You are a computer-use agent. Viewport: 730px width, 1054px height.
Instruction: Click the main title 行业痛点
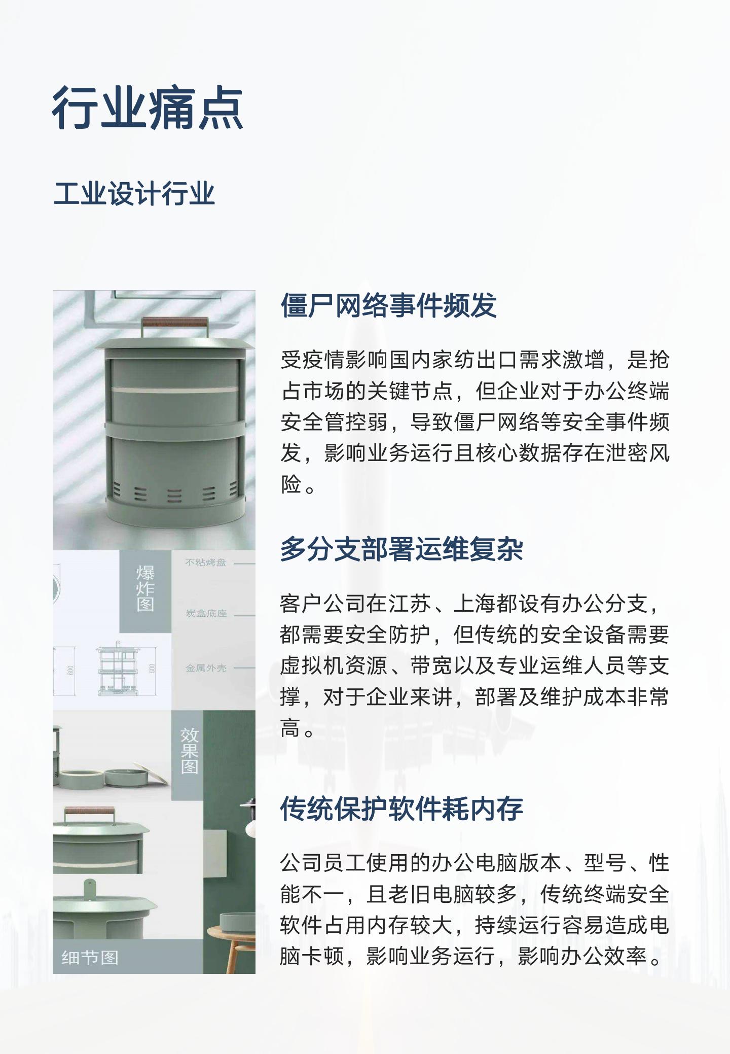point(148,108)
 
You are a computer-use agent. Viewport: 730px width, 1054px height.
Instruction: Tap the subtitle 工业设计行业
point(134,194)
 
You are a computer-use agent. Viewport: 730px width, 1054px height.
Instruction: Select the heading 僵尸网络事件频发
point(389,305)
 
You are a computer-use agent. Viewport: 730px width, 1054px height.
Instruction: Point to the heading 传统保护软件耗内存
point(401,809)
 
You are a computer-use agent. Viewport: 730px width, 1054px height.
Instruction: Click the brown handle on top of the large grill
point(174,322)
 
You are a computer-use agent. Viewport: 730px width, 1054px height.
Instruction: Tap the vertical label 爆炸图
point(145,588)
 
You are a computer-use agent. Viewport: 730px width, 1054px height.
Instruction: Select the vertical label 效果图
point(189,751)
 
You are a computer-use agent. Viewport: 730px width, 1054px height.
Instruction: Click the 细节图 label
point(90,958)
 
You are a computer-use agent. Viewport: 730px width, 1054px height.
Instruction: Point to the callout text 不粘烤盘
point(206,563)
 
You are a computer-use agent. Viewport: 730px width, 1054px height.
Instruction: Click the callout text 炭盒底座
point(206,613)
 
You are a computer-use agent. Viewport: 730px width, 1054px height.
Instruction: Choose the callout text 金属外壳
point(206,668)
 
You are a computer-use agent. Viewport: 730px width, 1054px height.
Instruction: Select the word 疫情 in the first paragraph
point(324,360)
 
